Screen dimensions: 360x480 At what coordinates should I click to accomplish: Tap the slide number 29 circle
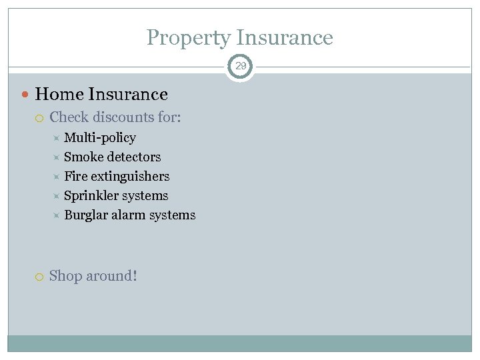(241, 66)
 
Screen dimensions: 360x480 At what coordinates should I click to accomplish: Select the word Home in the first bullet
(59, 95)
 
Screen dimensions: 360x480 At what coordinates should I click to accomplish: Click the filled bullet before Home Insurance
(26, 95)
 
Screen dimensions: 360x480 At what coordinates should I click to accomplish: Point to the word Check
(69, 117)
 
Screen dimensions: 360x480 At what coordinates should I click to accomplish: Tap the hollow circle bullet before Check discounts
(41, 118)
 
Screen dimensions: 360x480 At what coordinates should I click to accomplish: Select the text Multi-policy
(100, 138)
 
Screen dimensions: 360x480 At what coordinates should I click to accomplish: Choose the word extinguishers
(130, 177)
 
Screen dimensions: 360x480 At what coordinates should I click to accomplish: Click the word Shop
(65, 275)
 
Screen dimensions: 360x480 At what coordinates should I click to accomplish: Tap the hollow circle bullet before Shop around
(41, 276)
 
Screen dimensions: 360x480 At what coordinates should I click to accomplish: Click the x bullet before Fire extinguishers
(56, 177)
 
